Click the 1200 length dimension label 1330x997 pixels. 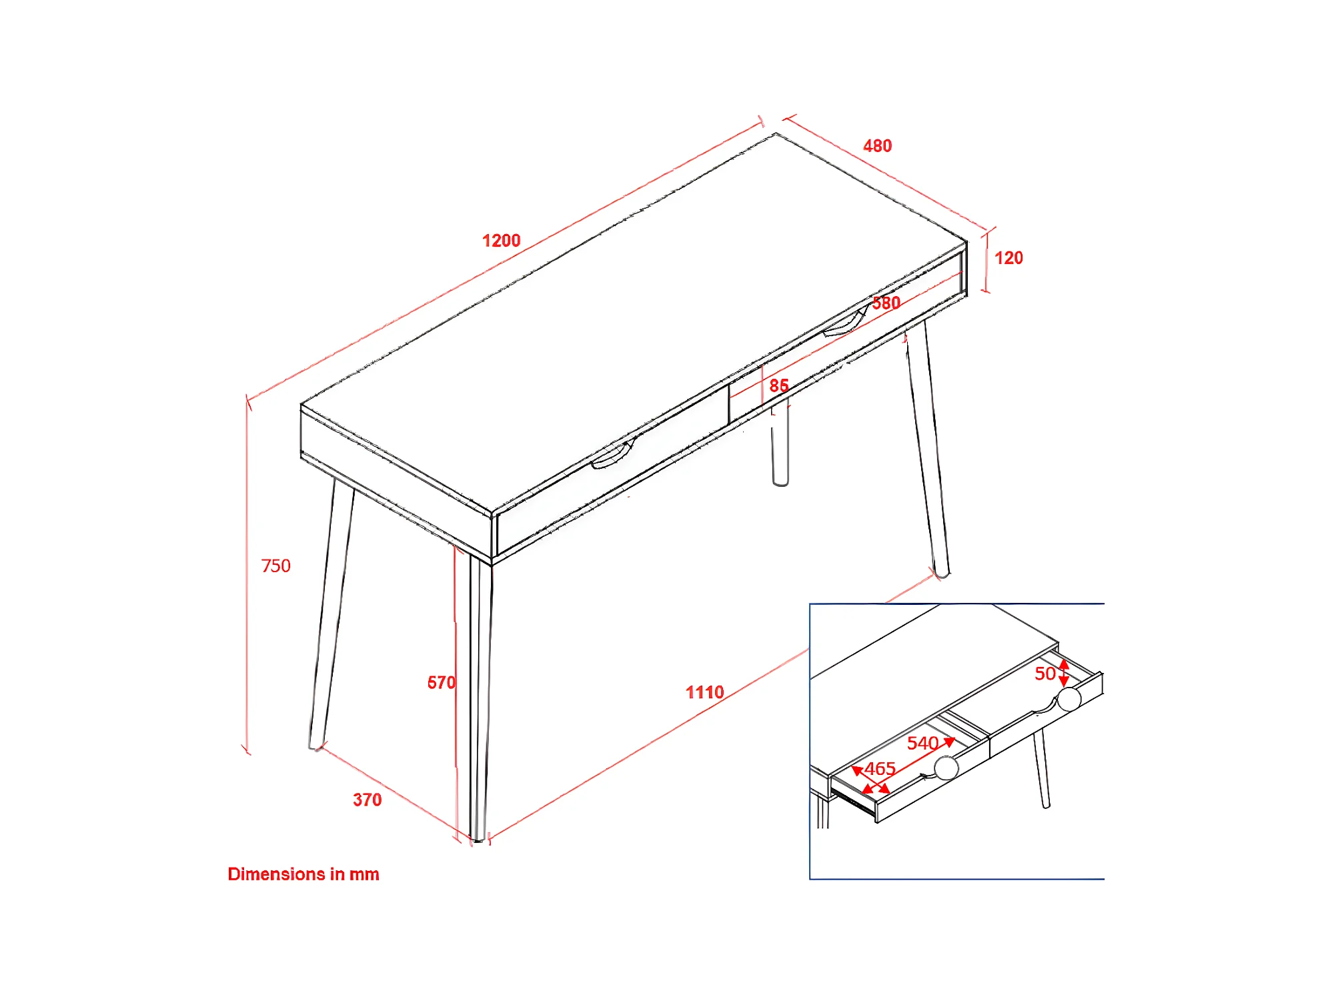click(x=501, y=240)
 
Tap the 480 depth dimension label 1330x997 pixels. click(x=877, y=145)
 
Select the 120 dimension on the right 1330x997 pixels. click(x=1009, y=258)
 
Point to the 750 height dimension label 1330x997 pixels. click(x=275, y=566)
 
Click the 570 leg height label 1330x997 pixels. click(x=442, y=682)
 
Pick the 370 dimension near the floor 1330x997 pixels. click(x=368, y=800)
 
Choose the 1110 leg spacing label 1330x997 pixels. click(x=705, y=692)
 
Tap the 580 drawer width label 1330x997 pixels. click(x=886, y=303)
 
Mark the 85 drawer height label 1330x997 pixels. click(x=778, y=385)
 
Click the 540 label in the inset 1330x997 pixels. click(x=922, y=743)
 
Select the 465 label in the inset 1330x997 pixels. click(x=880, y=768)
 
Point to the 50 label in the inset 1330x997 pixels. click(x=1045, y=674)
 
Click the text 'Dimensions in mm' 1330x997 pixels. click(x=303, y=874)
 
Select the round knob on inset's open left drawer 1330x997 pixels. click(x=946, y=768)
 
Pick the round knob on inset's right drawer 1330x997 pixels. click(x=1069, y=699)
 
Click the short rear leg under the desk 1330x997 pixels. click(x=780, y=443)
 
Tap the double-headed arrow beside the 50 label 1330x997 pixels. click(x=1064, y=672)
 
